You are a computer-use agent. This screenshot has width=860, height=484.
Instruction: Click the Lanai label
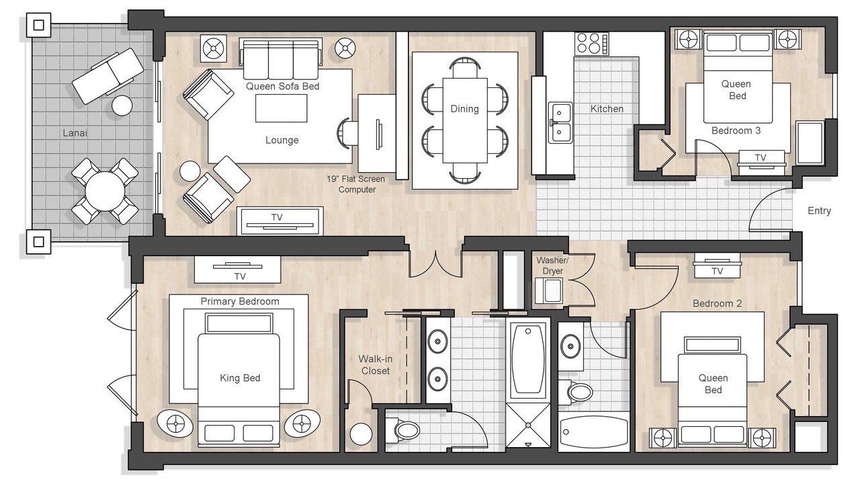tap(75, 133)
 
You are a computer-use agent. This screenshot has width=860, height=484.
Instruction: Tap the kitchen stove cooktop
tap(592, 44)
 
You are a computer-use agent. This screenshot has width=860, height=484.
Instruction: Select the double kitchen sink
tap(560, 122)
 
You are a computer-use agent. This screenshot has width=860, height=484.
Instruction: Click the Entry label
tap(819, 210)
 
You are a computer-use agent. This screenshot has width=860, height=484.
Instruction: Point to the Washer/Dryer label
tap(552, 266)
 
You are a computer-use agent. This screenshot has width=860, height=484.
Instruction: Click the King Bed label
tap(240, 378)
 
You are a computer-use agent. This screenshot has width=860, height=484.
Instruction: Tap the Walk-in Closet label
tap(375, 365)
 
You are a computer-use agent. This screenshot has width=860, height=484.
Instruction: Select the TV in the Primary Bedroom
tap(237, 270)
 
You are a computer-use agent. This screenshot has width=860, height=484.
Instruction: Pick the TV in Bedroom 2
tap(717, 266)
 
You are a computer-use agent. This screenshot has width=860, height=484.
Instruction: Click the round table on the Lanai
tap(105, 191)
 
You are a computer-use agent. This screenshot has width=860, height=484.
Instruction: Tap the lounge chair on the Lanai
tap(108, 76)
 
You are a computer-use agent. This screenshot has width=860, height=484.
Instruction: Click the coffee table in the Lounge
tap(282, 108)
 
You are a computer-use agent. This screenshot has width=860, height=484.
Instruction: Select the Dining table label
tap(464, 109)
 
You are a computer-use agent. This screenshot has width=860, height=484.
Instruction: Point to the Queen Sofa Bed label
tap(283, 86)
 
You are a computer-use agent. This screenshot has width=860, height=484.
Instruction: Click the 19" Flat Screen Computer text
tap(356, 184)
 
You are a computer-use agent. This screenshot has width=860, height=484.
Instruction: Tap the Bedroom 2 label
tap(717, 303)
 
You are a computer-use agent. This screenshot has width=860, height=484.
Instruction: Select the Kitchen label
tap(607, 109)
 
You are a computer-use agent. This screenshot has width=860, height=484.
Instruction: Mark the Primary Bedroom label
tap(240, 301)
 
